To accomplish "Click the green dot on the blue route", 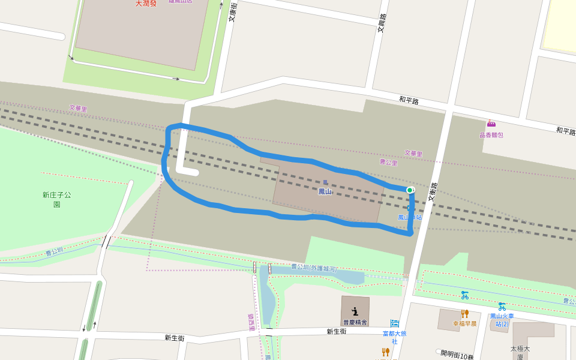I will (410, 190).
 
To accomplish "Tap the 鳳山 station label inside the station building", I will (325, 191).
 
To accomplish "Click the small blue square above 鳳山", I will (325, 182).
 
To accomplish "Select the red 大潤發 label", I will (145, 4).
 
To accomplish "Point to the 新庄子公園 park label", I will (56, 199).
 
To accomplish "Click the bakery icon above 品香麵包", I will (491, 124).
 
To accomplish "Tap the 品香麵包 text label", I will (491, 135).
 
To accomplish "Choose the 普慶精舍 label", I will (355, 322).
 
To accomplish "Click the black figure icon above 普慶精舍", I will (355, 311).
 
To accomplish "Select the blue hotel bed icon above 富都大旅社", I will (395, 323).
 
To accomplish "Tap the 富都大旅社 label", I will (395, 337).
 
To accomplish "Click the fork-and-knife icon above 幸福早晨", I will (464, 313).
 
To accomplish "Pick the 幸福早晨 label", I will (464, 323).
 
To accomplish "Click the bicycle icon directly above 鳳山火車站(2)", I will (502, 306).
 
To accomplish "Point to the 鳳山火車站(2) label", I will (502, 320).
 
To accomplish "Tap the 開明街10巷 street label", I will (457, 355).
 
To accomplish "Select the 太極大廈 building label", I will (521, 352).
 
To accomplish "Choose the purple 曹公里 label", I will (389, 162).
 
